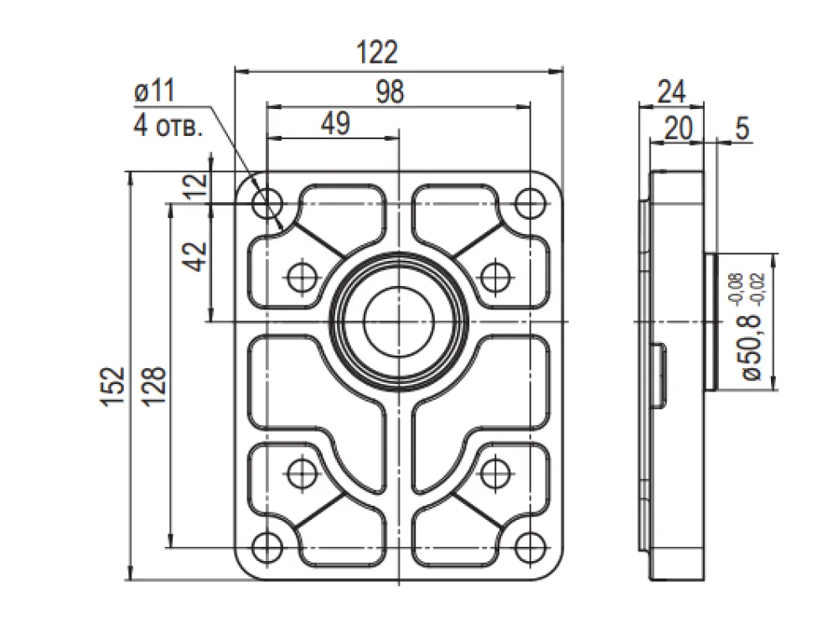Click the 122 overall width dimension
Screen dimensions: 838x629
pos(377,52)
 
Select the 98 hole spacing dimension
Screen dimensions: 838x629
pos(390,91)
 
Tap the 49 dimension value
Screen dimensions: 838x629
pos(336,123)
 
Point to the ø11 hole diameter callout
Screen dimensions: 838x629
pos(154,91)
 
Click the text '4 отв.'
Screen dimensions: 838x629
pos(168,127)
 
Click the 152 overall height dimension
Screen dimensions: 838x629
pos(113,387)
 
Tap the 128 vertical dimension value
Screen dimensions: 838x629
pos(155,387)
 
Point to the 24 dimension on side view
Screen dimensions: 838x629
pos(671,91)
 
